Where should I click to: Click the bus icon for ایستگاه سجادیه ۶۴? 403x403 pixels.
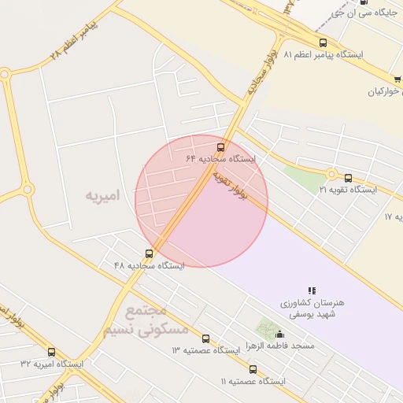click(220, 146)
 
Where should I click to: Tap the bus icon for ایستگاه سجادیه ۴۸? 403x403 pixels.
click(150, 253)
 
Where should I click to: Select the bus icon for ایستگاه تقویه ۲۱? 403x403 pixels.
click(349, 178)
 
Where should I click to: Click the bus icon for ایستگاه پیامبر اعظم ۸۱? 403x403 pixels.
click(323, 43)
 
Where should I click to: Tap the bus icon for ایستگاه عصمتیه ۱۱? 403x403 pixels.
click(253, 369)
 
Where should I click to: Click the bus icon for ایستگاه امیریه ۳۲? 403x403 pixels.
click(52, 352)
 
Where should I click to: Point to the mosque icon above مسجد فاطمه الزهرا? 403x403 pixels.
click(279, 335)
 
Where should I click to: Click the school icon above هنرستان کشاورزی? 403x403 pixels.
click(312, 290)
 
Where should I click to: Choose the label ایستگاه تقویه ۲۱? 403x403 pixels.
click(348, 190)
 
